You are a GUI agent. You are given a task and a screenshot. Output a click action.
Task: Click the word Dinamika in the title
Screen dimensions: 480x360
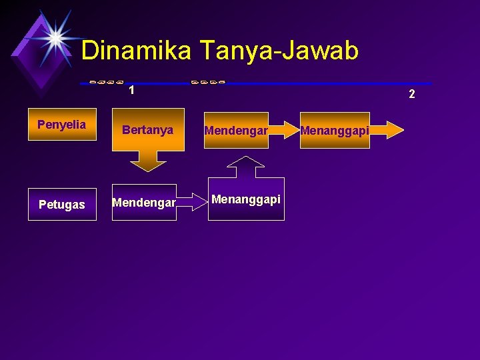(x=136, y=50)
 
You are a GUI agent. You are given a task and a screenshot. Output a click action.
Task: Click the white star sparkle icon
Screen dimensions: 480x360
(x=56, y=37)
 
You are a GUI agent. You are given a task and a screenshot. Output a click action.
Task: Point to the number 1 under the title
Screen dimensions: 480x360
(x=132, y=90)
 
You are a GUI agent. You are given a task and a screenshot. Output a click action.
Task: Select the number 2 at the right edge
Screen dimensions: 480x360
(x=411, y=94)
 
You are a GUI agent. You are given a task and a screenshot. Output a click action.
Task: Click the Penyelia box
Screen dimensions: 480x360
(x=61, y=125)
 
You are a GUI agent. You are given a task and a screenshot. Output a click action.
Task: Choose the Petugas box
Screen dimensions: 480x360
(x=61, y=205)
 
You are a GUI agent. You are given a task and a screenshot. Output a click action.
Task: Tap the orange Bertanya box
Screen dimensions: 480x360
(x=148, y=130)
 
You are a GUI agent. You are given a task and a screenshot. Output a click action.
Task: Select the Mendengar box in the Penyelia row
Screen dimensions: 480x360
(x=236, y=130)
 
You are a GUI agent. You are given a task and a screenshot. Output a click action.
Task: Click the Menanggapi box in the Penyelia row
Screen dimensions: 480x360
(x=335, y=130)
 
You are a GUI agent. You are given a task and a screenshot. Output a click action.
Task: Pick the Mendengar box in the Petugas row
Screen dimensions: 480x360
(x=144, y=202)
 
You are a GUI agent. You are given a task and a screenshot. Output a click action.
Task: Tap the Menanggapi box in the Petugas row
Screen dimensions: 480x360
(x=246, y=199)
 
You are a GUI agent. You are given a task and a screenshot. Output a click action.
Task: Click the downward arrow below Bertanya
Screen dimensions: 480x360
(x=148, y=161)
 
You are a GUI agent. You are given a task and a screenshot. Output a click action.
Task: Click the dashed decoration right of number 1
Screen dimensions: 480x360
(x=207, y=81)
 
